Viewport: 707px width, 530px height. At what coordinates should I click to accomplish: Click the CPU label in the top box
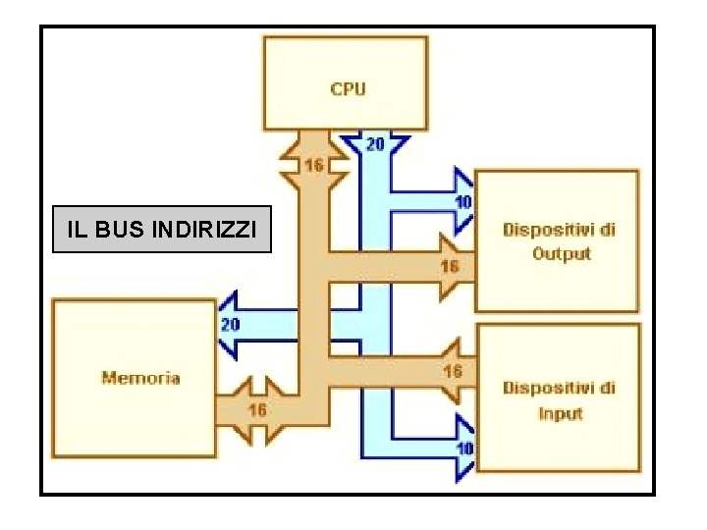point(348,89)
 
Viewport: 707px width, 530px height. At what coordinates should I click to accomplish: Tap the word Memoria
point(140,377)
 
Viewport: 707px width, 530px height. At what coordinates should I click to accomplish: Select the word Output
point(562,253)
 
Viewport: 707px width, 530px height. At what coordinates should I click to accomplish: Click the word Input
point(561,413)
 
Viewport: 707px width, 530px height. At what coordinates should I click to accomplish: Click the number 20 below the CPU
point(375,144)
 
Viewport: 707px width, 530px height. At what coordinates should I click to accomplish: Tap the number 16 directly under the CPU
point(313,166)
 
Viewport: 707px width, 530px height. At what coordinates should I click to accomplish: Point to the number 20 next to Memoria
point(230,324)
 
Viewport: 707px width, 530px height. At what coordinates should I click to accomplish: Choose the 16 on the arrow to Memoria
point(256,409)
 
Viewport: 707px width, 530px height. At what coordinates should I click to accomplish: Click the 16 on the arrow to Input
point(453,371)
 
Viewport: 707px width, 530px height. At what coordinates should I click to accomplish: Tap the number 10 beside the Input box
point(464,448)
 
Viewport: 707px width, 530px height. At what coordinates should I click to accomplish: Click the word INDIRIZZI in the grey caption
point(206,231)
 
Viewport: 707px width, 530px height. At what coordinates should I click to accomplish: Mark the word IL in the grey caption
point(77,231)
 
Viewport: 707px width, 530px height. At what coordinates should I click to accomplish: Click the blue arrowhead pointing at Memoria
point(228,324)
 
